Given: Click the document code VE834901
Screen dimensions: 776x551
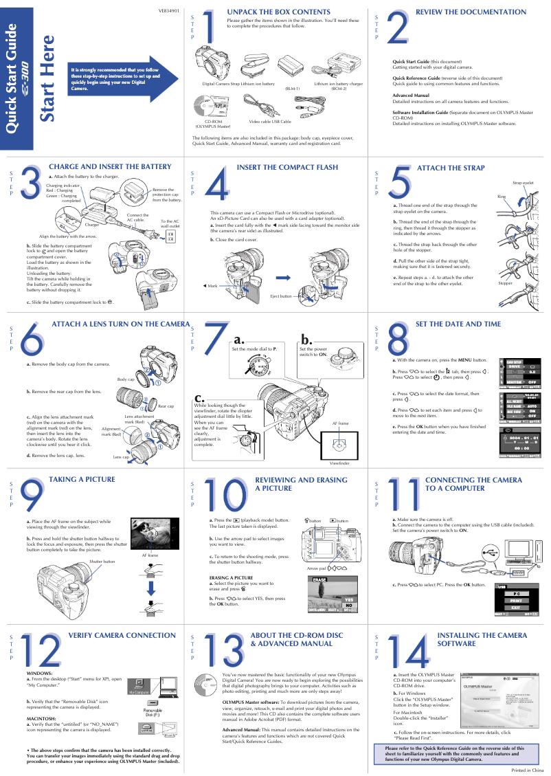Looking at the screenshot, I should click(x=169, y=12).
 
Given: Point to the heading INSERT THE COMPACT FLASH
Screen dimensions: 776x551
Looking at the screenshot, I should click(x=287, y=168).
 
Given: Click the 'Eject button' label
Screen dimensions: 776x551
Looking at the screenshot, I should click(x=280, y=296).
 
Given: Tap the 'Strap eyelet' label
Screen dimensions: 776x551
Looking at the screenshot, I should click(x=523, y=183).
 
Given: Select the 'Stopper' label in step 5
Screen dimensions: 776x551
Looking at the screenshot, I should click(x=505, y=283).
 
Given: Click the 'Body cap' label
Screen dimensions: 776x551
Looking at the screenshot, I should click(x=126, y=379).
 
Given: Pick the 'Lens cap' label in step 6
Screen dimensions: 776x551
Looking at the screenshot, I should click(x=121, y=456).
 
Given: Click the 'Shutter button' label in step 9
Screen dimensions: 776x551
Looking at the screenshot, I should click(x=102, y=562).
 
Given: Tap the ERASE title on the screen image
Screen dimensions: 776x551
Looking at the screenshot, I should click(x=319, y=579).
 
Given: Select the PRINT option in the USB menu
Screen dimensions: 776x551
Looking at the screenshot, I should click(x=516, y=601).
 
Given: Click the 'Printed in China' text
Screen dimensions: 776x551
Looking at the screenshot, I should click(x=528, y=771).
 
